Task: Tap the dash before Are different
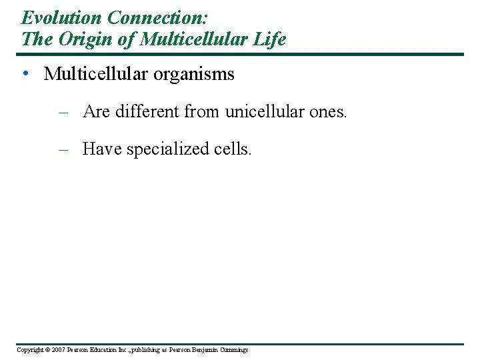click(64, 111)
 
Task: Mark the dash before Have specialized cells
click(64, 149)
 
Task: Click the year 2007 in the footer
click(57, 350)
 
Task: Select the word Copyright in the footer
click(29, 350)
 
